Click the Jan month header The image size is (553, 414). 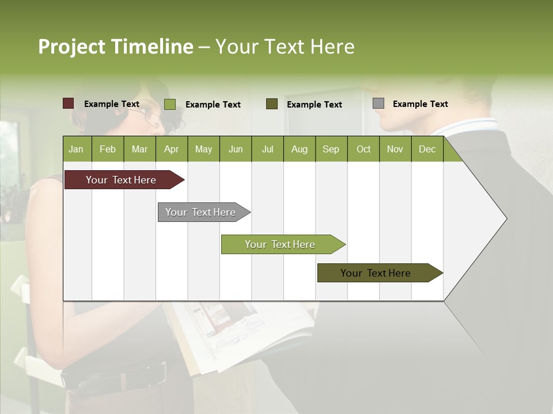pos(76,149)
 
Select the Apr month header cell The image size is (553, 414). pos(172,149)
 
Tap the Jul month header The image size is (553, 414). pos(267,149)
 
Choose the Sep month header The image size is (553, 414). pos(331,149)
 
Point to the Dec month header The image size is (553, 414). pos(427,149)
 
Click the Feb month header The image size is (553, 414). pos(108,149)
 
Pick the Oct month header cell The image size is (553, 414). pos(363,149)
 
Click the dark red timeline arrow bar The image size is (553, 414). pos(122,180)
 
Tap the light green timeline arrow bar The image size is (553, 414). pos(281,244)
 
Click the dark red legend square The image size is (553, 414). pos(69,103)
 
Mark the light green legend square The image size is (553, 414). pos(170,104)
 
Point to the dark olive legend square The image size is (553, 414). pos(272,103)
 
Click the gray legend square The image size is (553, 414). pos(378,103)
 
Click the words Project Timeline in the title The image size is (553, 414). pos(116,47)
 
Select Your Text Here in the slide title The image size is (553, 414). pos(285,47)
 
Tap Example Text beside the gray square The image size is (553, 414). pos(420,104)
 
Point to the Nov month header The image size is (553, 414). pos(395,149)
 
